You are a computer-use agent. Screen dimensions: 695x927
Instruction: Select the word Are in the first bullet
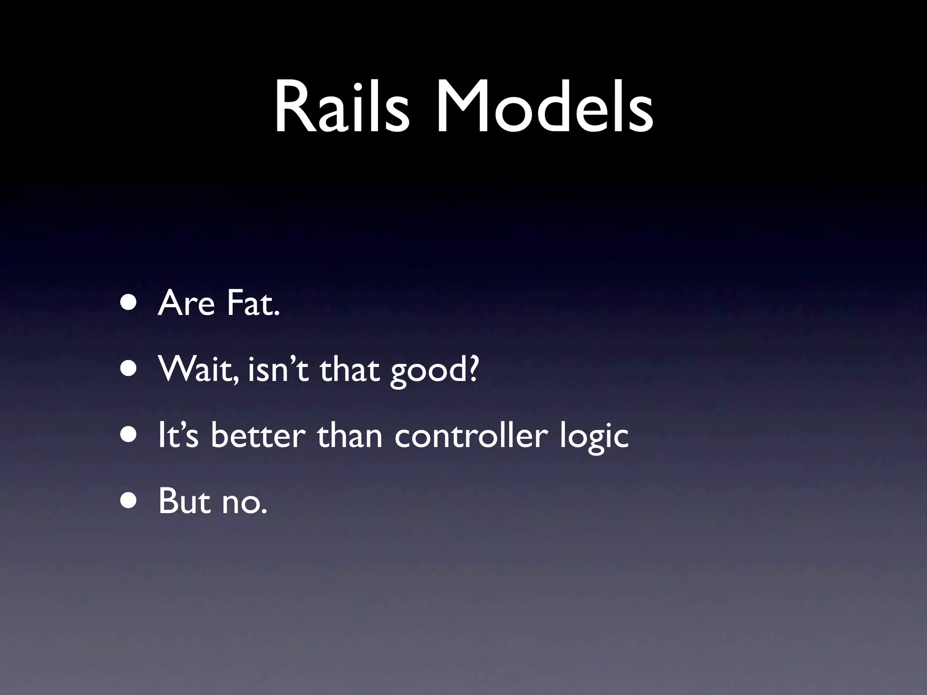(186, 304)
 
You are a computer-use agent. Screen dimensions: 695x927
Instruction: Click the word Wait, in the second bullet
(199, 370)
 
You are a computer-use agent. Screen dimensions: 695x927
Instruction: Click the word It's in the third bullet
(178, 436)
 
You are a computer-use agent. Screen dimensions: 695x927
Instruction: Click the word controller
(471, 436)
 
